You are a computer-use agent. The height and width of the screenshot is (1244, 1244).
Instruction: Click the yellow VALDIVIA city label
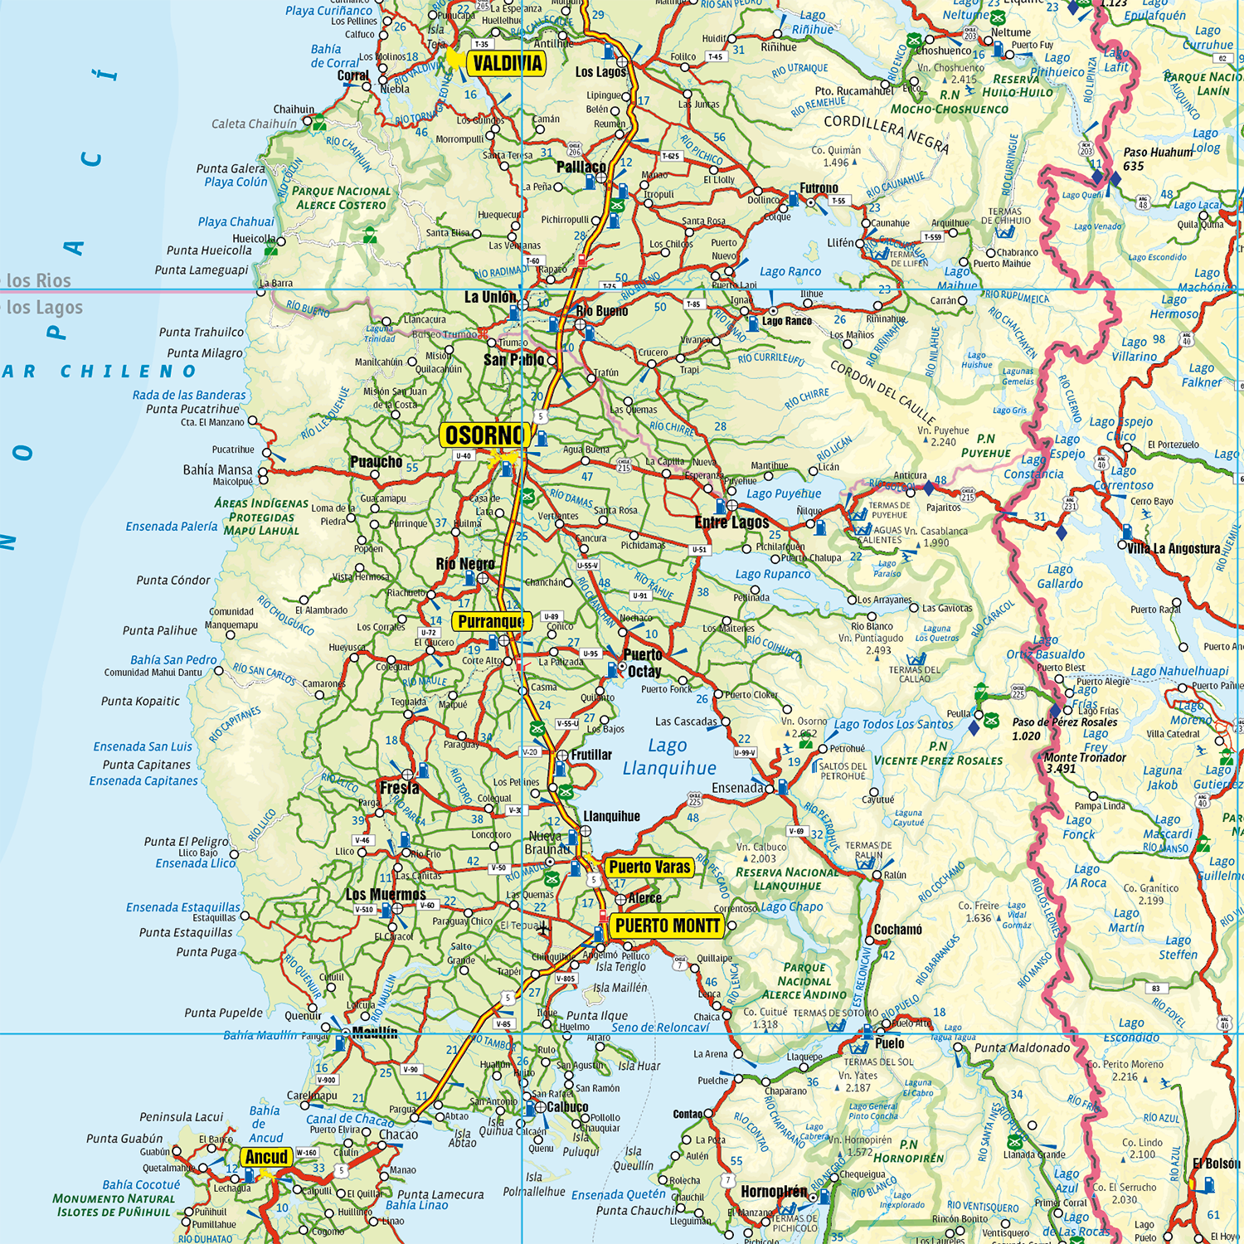(507, 64)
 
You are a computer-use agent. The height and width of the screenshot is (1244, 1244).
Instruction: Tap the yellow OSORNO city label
(484, 435)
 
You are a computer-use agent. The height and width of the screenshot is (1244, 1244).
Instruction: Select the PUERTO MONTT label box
(667, 926)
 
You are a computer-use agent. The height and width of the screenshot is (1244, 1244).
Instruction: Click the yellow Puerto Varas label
(649, 867)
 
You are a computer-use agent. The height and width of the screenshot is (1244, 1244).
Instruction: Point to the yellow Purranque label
(491, 621)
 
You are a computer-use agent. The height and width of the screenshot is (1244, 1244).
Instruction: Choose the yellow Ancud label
(266, 1157)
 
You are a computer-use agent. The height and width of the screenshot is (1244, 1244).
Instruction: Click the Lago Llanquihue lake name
(668, 757)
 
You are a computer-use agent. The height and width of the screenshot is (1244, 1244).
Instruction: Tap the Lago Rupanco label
(772, 574)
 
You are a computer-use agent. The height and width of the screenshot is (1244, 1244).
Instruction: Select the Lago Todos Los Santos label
(893, 724)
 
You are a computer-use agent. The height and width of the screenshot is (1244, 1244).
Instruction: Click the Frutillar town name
(590, 755)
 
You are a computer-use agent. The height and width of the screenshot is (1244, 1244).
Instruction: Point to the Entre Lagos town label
(731, 522)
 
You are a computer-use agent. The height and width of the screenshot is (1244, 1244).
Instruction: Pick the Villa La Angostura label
(1174, 548)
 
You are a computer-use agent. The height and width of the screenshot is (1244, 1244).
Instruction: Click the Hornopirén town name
(773, 1192)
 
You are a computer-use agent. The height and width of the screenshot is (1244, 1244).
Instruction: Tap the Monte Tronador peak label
(1084, 762)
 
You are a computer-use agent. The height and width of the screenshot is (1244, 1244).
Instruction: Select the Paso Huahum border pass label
(1158, 158)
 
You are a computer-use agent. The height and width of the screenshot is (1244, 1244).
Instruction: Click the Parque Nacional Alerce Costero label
(341, 197)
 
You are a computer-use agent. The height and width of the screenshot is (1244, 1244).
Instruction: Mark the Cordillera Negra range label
(886, 133)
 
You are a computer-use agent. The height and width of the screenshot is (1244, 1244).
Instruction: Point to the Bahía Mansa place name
(217, 469)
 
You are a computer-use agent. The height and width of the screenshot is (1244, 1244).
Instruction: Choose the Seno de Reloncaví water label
(660, 1028)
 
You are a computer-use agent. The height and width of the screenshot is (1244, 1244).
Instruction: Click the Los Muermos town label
(385, 894)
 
